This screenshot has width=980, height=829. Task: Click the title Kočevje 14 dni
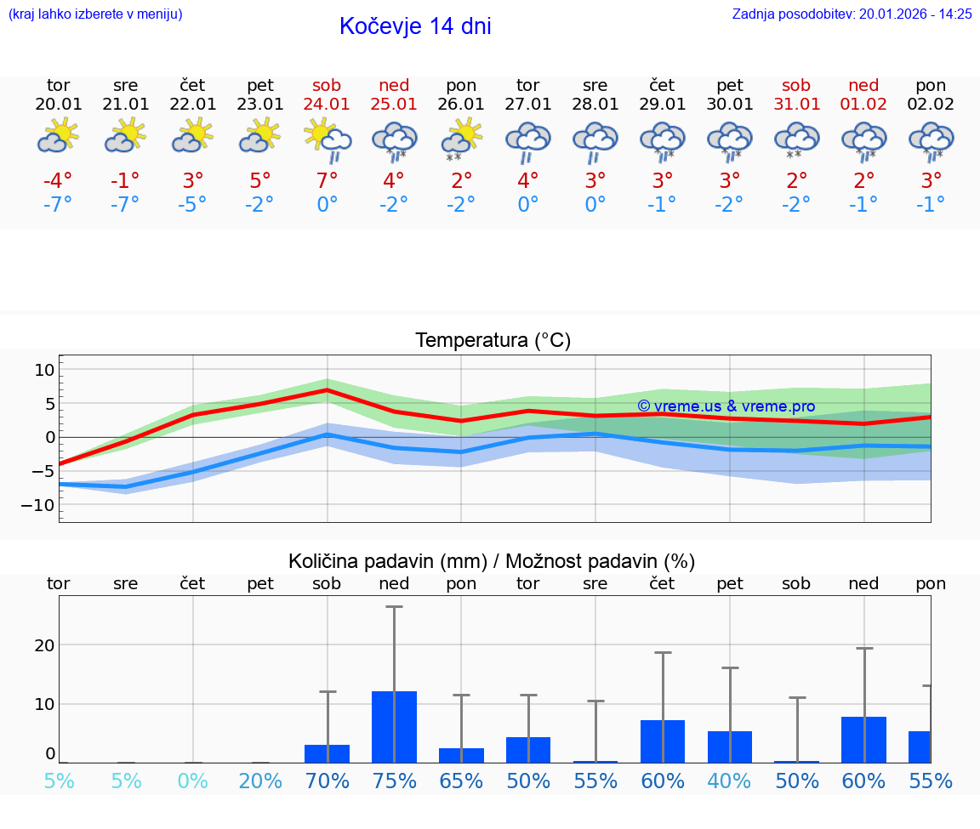pyautogui.click(x=415, y=26)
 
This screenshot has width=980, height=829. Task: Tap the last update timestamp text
pyautogui.click(x=852, y=14)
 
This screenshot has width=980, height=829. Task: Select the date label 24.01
pyautogui.click(x=327, y=105)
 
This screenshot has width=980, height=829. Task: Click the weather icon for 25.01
pyautogui.click(x=394, y=139)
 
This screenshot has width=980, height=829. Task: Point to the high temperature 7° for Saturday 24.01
pyautogui.click(x=327, y=180)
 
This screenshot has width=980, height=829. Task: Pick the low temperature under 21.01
pyautogui.click(x=125, y=204)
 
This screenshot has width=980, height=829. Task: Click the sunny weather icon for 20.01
pyautogui.click(x=58, y=136)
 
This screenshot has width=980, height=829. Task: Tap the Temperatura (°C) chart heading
pyautogui.click(x=493, y=341)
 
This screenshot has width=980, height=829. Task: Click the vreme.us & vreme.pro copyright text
pyautogui.click(x=726, y=406)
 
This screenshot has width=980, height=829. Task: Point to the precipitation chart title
pyautogui.click(x=492, y=561)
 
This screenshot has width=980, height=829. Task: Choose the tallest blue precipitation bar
pyautogui.click(x=394, y=727)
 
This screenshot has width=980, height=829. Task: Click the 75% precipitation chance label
pyautogui.click(x=394, y=781)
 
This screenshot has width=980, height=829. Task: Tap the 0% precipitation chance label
pyautogui.click(x=193, y=781)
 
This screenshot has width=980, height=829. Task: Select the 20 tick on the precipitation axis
pyautogui.click(x=44, y=645)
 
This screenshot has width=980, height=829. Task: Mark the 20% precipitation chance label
pyautogui.click(x=260, y=781)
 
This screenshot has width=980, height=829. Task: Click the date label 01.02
pyautogui.click(x=863, y=105)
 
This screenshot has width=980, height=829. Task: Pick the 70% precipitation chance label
pyautogui.click(x=327, y=781)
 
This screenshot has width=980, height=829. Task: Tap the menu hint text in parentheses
pyautogui.click(x=94, y=14)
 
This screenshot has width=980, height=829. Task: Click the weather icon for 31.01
pyautogui.click(x=796, y=139)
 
